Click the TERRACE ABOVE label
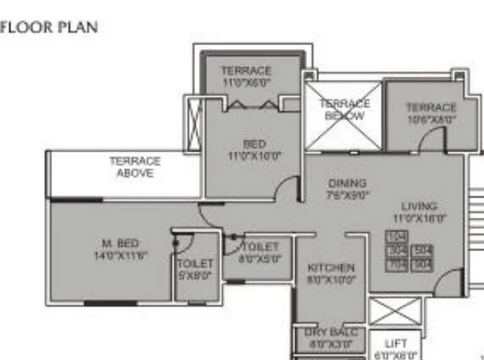click(134, 167)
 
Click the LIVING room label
click(419, 206)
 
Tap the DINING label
click(347, 183)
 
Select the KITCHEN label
click(331, 268)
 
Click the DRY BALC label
click(331, 332)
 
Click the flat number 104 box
click(397, 237)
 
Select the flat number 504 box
click(423, 250)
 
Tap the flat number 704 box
click(397, 264)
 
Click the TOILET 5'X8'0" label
click(194, 268)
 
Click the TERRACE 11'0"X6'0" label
click(246, 76)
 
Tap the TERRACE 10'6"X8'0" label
click(431, 113)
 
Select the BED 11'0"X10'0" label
click(254, 150)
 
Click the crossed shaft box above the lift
click(396, 310)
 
